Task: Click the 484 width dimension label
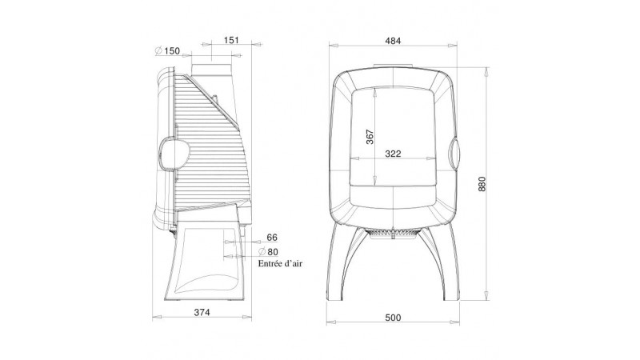[x=393, y=41]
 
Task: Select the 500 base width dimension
[x=393, y=318]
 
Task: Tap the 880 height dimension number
[x=482, y=185]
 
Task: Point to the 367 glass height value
[x=370, y=136]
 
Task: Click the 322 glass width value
[x=393, y=154]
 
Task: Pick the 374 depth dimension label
[x=202, y=312]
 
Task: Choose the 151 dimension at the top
[x=231, y=41]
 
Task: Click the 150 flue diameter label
[x=172, y=51]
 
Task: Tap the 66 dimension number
[x=272, y=238]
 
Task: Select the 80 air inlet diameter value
[x=272, y=252]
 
